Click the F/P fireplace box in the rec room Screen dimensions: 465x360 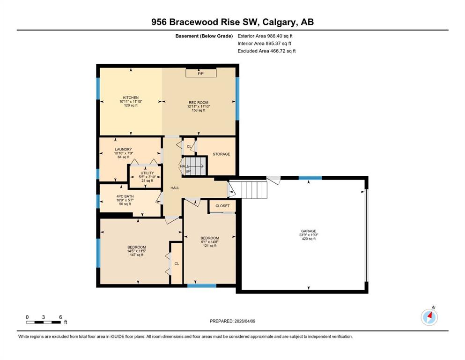click(201, 73)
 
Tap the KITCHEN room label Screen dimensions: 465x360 click(131, 97)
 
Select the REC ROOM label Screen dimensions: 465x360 click(199, 103)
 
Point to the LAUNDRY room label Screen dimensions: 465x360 click(123, 149)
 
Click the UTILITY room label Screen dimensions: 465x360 click(147, 173)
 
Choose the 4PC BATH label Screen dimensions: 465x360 click(125, 196)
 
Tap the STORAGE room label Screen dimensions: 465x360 click(221, 154)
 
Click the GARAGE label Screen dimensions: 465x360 click(309, 231)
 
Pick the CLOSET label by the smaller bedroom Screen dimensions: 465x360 click(222, 206)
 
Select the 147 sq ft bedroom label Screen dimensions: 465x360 click(137, 247)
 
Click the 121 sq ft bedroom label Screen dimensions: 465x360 click(210, 238)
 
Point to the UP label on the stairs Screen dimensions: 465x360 click(188, 171)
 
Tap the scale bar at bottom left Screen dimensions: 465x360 click(43, 322)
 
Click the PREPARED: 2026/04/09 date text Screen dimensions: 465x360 click(232, 321)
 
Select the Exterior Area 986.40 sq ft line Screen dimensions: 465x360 click(265, 36)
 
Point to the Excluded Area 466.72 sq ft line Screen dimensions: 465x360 click(266, 51)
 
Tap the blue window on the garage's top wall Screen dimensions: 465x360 click(310, 178)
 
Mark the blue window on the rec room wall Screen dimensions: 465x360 click(237, 98)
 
